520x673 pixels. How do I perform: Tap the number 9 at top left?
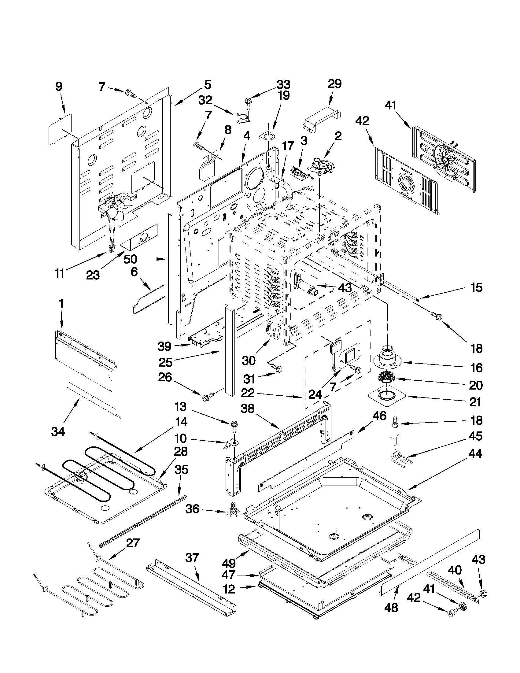[x=58, y=86]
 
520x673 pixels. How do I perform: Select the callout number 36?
[x=193, y=509]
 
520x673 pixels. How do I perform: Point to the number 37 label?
[x=192, y=557]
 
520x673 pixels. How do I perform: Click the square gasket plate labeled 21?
[x=387, y=396]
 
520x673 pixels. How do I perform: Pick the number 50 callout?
[x=130, y=259]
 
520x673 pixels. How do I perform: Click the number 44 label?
[x=475, y=454]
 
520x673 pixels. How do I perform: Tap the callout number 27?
[x=133, y=543]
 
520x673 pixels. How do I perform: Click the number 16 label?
[x=477, y=368]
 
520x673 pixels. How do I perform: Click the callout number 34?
[x=58, y=432]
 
